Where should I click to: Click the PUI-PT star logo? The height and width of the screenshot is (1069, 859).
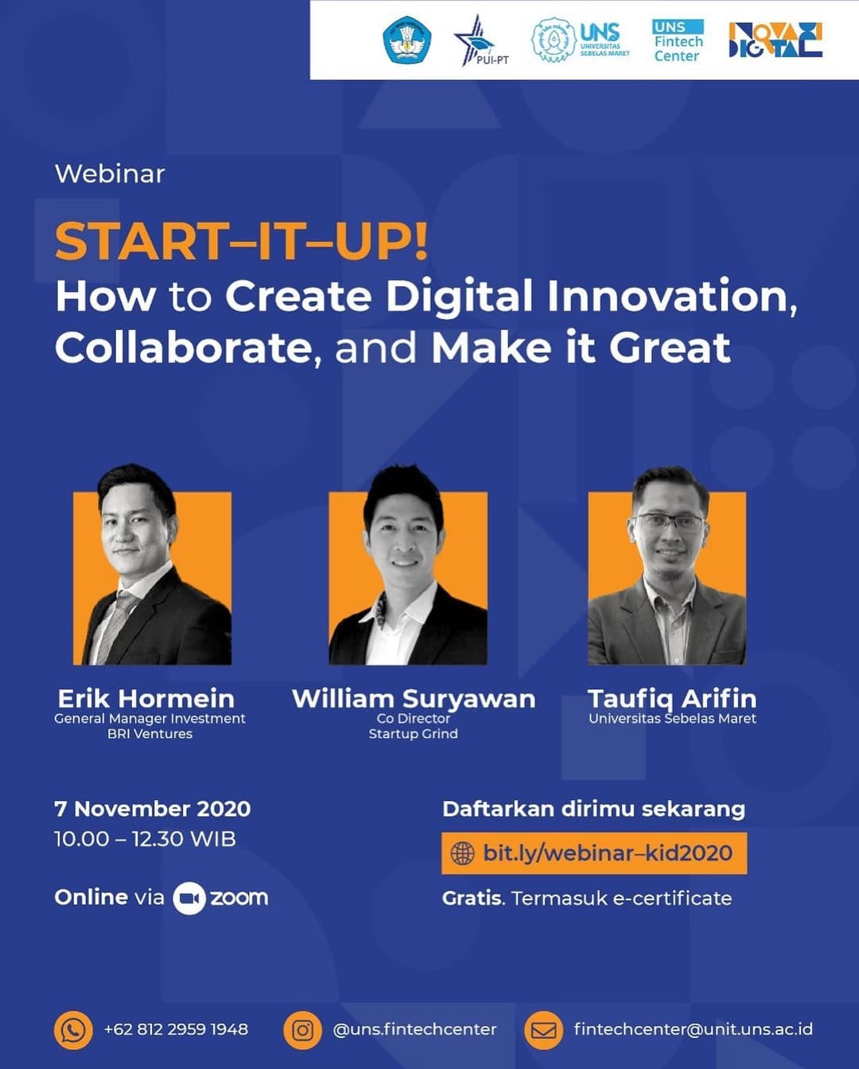(480, 41)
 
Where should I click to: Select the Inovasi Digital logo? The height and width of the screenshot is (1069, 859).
(775, 40)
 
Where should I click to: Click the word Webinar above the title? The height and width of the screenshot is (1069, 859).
(110, 174)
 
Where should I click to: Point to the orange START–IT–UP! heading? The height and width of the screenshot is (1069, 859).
(242, 242)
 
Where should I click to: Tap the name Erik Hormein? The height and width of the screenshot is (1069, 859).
(146, 698)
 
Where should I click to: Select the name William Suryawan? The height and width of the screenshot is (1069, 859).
(414, 699)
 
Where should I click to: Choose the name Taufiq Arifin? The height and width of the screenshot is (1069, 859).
(672, 698)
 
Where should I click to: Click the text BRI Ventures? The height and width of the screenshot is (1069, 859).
(150, 733)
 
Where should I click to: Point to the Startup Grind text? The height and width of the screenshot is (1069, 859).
(414, 734)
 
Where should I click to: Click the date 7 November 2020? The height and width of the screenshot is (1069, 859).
(153, 809)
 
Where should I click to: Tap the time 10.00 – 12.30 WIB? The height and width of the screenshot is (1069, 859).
(145, 839)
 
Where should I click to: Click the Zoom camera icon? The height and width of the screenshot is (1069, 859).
(189, 898)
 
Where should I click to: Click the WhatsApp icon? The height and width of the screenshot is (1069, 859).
(73, 1029)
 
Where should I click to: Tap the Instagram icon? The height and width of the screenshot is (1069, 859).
(302, 1029)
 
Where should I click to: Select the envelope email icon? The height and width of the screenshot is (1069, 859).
(544, 1029)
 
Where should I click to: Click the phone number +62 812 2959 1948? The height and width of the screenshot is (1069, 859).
(176, 1029)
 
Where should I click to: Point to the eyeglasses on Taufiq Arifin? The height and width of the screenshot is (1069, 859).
(669, 522)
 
